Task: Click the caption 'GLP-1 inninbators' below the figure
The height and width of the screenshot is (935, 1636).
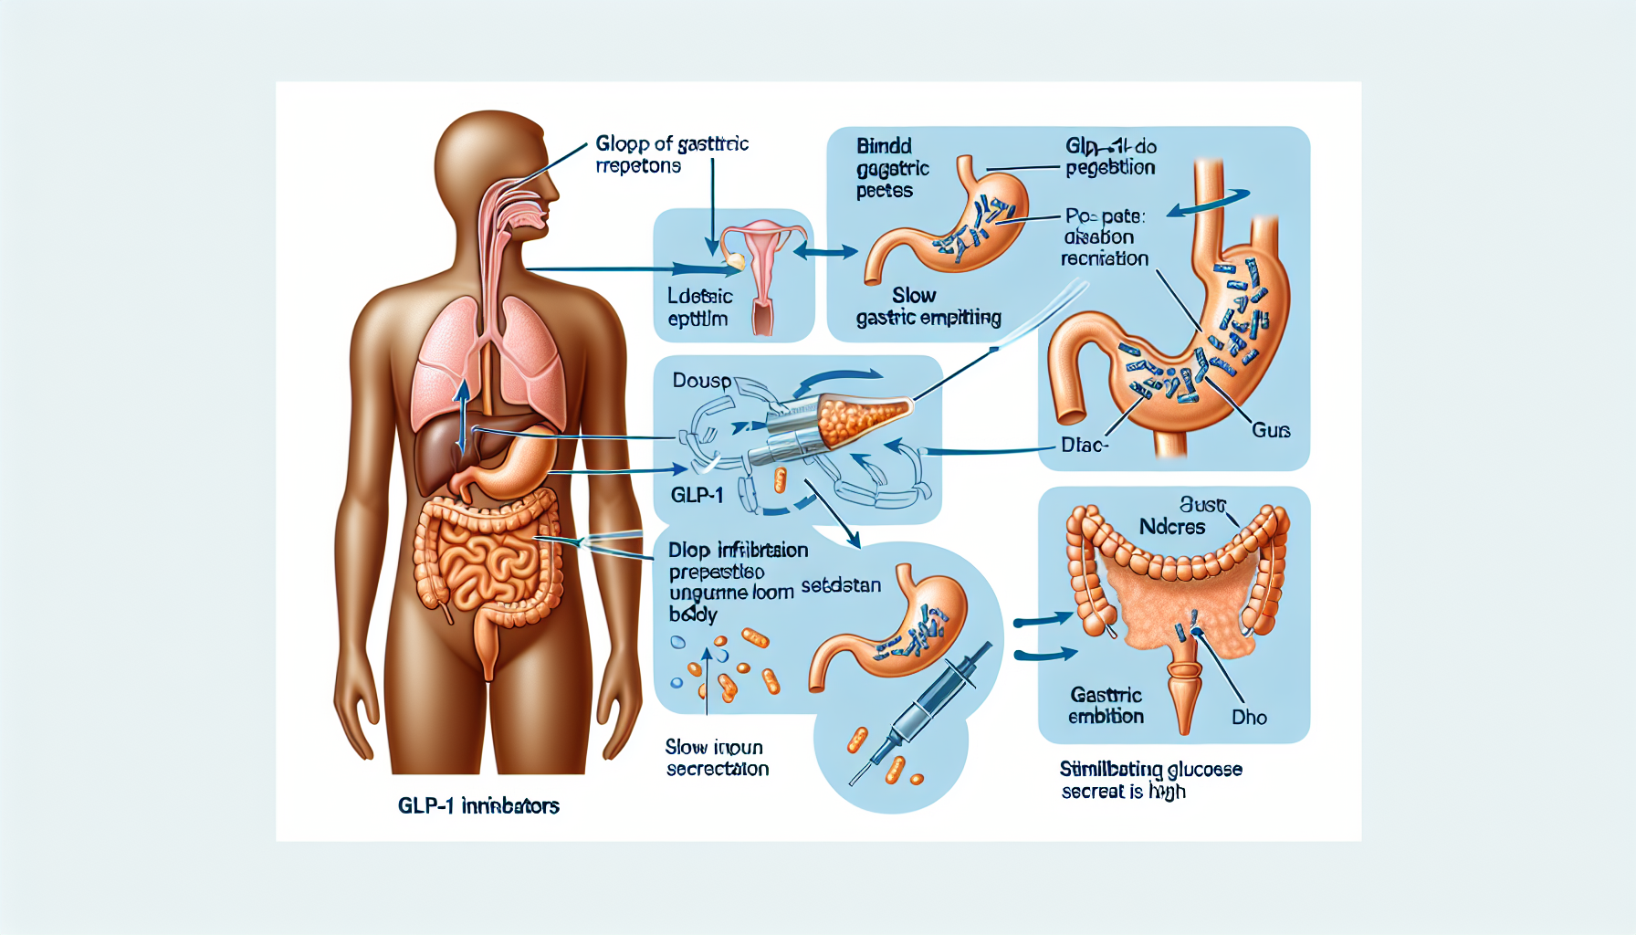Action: (478, 805)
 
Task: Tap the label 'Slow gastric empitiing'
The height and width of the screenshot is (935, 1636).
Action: (928, 307)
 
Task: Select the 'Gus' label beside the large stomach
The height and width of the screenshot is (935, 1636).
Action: (1271, 430)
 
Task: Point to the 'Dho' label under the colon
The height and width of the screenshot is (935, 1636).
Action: (1249, 718)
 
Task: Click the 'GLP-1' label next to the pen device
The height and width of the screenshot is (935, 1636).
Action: (697, 495)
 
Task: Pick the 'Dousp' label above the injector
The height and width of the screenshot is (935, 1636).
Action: (701, 380)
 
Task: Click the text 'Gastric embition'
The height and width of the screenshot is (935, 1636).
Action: (1106, 706)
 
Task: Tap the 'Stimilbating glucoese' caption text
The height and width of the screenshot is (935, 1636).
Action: (1150, 770)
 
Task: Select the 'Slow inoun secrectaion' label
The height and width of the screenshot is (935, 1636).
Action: (717, 758)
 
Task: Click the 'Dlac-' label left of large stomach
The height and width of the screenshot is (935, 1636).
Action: (1085, 446)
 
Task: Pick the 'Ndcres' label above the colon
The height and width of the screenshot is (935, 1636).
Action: (1172, 527)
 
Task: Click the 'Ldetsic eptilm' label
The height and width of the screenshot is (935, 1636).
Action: (699, 308)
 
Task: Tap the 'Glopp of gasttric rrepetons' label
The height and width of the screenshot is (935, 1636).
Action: (671, 154)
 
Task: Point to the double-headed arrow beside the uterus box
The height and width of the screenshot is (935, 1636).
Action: (825, 250)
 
